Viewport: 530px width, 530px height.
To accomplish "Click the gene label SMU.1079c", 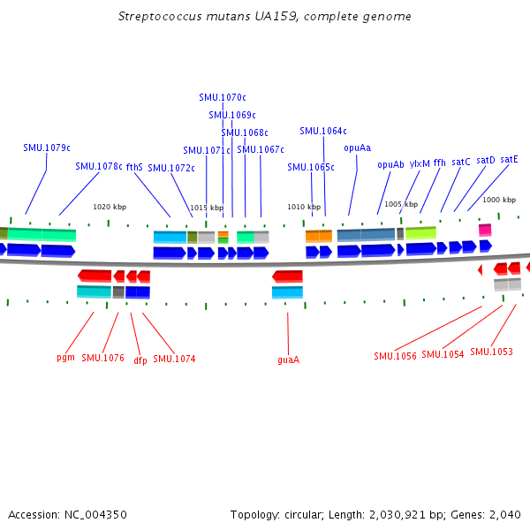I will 47,148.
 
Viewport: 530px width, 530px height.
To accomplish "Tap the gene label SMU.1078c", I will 99,166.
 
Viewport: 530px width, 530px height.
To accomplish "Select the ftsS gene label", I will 134,166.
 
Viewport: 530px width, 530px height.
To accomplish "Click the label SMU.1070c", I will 223,97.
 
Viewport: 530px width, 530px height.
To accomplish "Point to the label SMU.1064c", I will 323,131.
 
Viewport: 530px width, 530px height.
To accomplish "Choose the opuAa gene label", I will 358,148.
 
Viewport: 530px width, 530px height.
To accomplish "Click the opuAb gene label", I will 390,164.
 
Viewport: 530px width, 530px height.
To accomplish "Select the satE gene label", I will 509,160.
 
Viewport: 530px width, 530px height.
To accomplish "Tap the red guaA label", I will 288,360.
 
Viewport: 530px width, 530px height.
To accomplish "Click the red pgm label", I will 65,358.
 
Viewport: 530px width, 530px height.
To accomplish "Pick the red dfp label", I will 140,360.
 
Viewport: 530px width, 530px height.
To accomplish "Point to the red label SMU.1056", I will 394,356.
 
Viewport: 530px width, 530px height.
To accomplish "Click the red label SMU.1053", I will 491,352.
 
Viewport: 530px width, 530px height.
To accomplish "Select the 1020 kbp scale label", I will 110,207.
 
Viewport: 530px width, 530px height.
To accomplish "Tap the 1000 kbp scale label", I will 498,201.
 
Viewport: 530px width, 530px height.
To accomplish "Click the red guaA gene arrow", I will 287,276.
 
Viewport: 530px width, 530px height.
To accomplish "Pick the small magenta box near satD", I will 485,230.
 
